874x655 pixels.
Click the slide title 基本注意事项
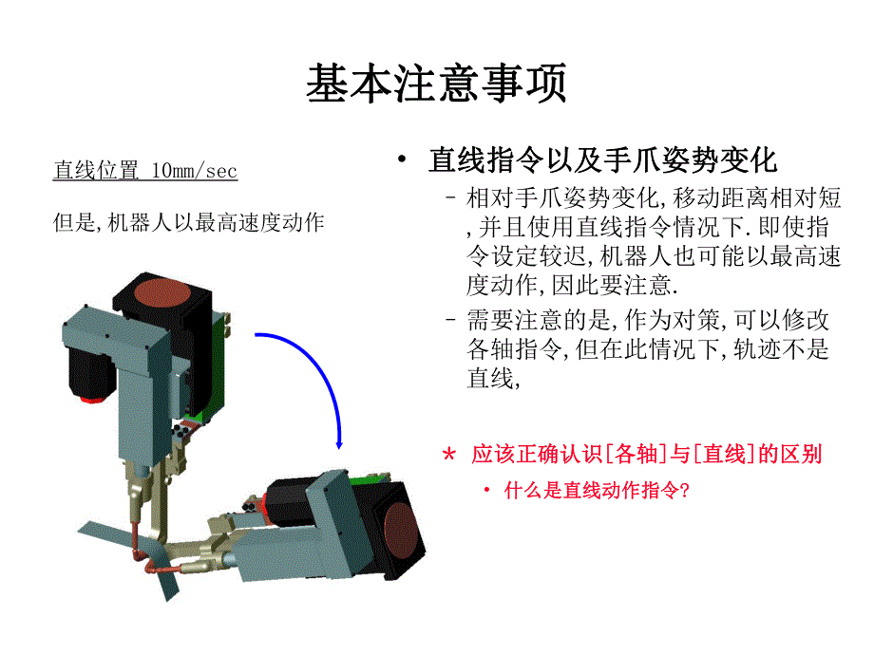click(436, 84)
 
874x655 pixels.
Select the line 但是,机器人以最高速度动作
click(188, 223)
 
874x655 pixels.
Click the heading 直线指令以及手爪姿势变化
click(603, 159)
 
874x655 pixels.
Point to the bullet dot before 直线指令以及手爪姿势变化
click(405, 159)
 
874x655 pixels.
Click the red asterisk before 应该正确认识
click(449, 455)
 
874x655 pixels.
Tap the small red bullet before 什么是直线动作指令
click(485, 491)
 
